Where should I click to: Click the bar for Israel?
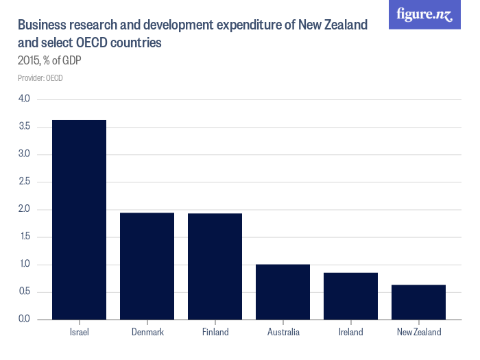(x=80, y=219)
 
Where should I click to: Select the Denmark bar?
(x=147, y=266)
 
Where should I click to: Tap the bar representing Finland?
(x=215, y=266)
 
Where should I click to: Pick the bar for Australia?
(x=283, y=292)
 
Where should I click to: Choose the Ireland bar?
(x=350, y=296)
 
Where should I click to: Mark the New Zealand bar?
(x=418, y=302)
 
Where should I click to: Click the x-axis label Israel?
(x=80, y=333)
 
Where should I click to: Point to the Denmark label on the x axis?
(x=147, y=333)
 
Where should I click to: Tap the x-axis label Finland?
(x=215, y=333)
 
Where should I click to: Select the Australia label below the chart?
(x=283, y=333)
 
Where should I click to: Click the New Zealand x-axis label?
(x=418, y=333)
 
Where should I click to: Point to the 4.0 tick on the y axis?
(x=25, y=99)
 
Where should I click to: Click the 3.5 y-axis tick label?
(x=25, y=127)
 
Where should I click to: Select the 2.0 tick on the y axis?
(x=25, y=209)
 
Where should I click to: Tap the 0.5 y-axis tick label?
(x=25, y=292)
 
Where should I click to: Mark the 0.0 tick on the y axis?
(x=25, y=320)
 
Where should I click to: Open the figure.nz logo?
(x=424, y=14)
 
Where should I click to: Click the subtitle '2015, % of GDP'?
(x=50, y=60)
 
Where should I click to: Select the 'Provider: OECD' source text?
(x=40, y=78)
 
